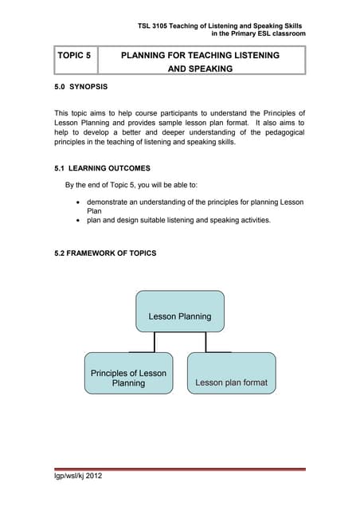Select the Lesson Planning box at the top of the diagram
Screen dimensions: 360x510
[x=180, y=316]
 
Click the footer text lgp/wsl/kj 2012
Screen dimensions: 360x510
[x=77, y=477]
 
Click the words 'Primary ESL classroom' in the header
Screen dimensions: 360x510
[x=266, y=34]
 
